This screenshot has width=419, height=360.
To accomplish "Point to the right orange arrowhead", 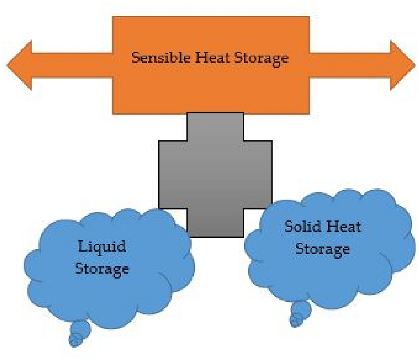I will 402,65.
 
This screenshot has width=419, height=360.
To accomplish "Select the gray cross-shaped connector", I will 215,174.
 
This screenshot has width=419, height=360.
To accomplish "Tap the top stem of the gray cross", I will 215,127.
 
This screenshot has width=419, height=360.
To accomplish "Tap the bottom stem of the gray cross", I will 215,222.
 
